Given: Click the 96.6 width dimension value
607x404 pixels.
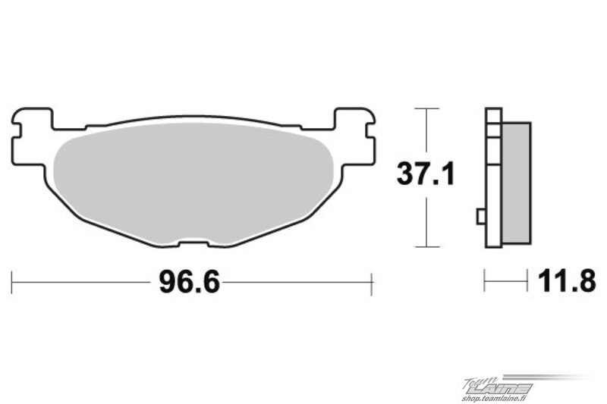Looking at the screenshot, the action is (x=189, y=282).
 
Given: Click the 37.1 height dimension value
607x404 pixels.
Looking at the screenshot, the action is (x=426, y=174).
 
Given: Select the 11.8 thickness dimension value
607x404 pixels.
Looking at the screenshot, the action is (x=567, y=281).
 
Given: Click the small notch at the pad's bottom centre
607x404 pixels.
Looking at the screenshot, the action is (x=193, y=243).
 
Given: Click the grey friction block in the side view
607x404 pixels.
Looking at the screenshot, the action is (x=517, y=183).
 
